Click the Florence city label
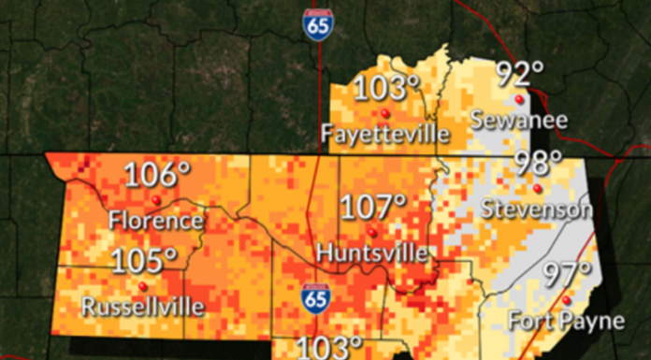155,221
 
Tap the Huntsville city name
372,252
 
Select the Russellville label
143,306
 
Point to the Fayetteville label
384,134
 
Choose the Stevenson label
537,209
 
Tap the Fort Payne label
566,321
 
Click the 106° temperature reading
158,175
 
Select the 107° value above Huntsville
373,207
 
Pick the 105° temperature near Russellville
144,262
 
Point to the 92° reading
519,73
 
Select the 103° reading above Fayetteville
385,89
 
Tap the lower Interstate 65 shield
315,300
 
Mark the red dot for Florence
156,199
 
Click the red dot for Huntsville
371,231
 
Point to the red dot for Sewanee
518,98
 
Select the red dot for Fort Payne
567,300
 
